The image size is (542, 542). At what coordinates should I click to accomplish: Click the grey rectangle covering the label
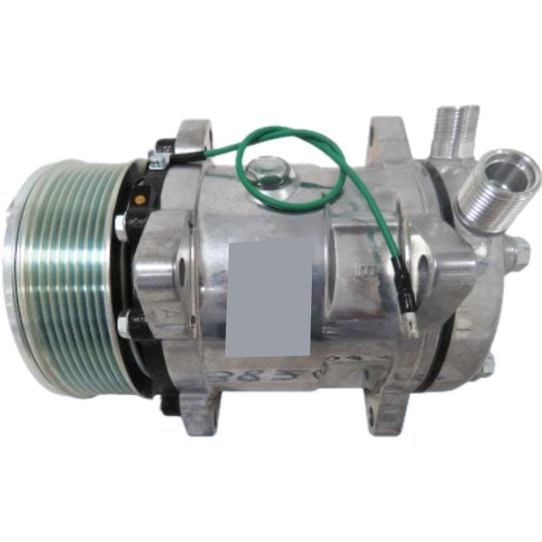click(269, 298)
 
